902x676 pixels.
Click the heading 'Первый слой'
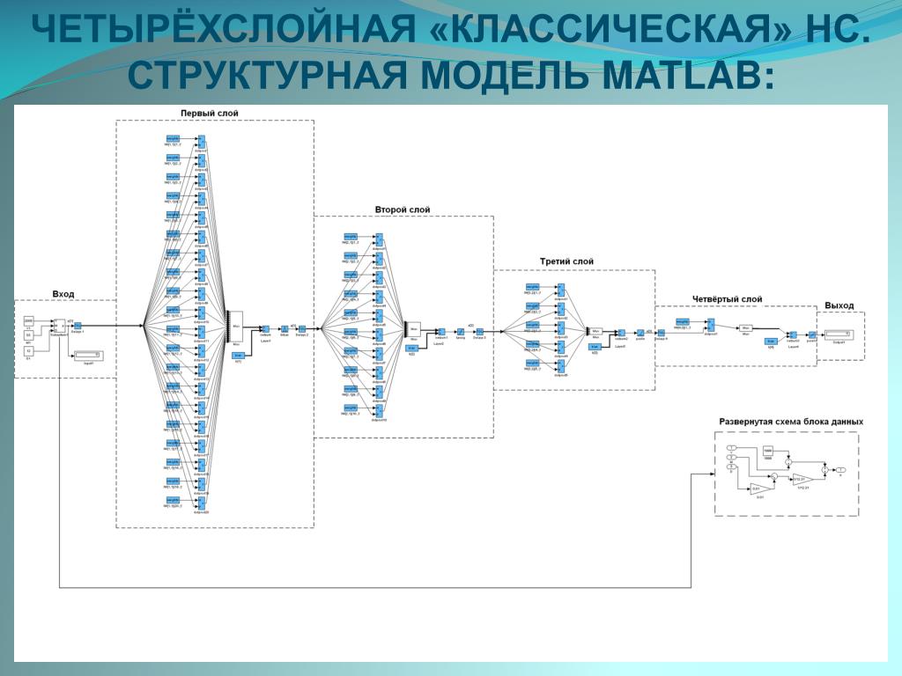210,113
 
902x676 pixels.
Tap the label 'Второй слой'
403,209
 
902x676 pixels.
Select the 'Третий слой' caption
566,261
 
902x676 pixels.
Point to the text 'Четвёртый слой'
727,299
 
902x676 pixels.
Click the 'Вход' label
63,293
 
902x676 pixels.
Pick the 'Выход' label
839,305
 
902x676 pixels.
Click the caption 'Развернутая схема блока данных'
790,422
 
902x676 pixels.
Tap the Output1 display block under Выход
838,334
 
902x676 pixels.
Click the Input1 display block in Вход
87,354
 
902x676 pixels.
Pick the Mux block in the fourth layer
745,329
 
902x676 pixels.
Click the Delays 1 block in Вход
78,326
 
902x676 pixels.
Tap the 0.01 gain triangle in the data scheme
758,489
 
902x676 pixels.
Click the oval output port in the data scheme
839,470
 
